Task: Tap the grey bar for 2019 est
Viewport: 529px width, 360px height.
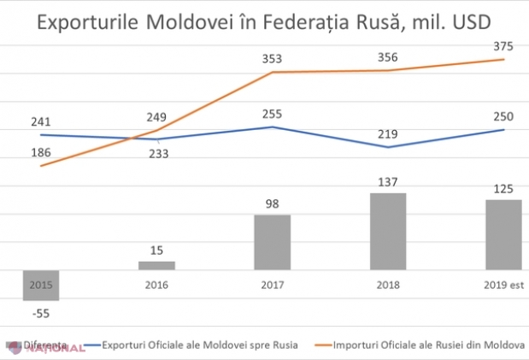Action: (x=503, y=234)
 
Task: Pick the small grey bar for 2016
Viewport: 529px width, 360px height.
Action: (x=156, y=265)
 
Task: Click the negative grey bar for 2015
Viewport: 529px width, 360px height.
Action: (x=40, y=285)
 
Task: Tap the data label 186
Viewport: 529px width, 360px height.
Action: (x=40, y=152)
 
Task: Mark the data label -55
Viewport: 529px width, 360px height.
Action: (x=40, y=314)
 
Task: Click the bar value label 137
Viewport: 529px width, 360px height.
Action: (x=387, y=181)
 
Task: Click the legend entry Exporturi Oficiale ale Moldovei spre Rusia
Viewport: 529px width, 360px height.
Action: (x=200, y=345)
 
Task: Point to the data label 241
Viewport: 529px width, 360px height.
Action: (x=40, y=121)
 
